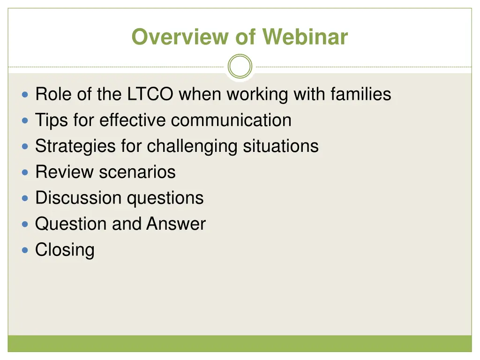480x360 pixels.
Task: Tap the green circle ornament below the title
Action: [x=240, y=66]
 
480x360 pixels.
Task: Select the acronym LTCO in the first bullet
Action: [x=150, y=94]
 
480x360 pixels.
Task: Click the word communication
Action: [x=231, y=120]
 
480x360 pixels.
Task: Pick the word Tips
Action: [x=52, y=120]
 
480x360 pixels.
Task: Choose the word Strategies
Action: [x=75, y=146]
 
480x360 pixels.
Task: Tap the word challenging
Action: [x=192, y=146]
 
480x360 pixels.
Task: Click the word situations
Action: [x=281, y=146]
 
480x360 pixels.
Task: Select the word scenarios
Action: [x=137, y=172]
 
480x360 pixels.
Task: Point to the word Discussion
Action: [x=78, y=198]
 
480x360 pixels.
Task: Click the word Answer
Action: [x=176, y=224]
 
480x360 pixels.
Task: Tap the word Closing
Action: [x=65, y=250]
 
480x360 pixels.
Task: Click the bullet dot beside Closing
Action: [x=25, y=250]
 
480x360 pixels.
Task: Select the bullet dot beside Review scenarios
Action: [x=25, y=172]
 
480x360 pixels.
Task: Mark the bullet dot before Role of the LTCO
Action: [x=25, y=95]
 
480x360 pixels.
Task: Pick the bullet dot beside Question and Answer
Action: [x=25, y=225]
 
